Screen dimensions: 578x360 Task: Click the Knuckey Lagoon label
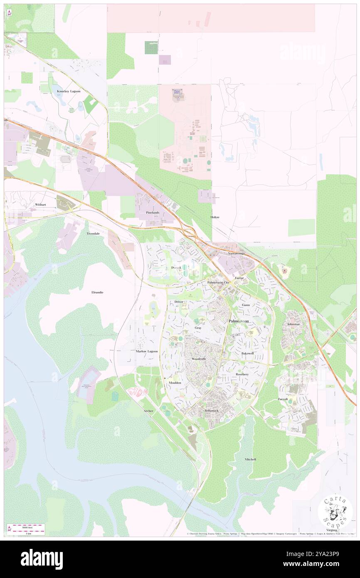click(69, 91)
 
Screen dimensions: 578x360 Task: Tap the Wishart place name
click(40, 205)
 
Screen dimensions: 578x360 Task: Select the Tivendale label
click(93, 234)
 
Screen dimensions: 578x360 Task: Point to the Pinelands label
click(153, 212)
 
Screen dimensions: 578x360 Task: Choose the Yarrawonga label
click(236, 253)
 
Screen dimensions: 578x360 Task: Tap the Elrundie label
click(97, 292)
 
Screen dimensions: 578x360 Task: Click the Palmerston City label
click(218, 282)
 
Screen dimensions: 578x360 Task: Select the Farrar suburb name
click(239, 277)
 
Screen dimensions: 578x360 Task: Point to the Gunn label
click(246, 305)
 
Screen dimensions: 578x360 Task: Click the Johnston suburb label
click(293, 324)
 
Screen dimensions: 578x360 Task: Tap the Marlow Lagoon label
click(147, 351)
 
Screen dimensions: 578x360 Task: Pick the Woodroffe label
click(199, 358)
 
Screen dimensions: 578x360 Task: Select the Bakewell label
click(247, 353)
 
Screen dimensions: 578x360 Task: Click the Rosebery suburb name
click(242, 374)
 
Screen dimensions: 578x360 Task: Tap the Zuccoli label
click(283, 399)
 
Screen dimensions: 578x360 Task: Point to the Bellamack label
click(211, 410)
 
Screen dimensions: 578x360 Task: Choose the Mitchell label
click(250, 459)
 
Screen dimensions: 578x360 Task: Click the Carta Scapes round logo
click(335, 511)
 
